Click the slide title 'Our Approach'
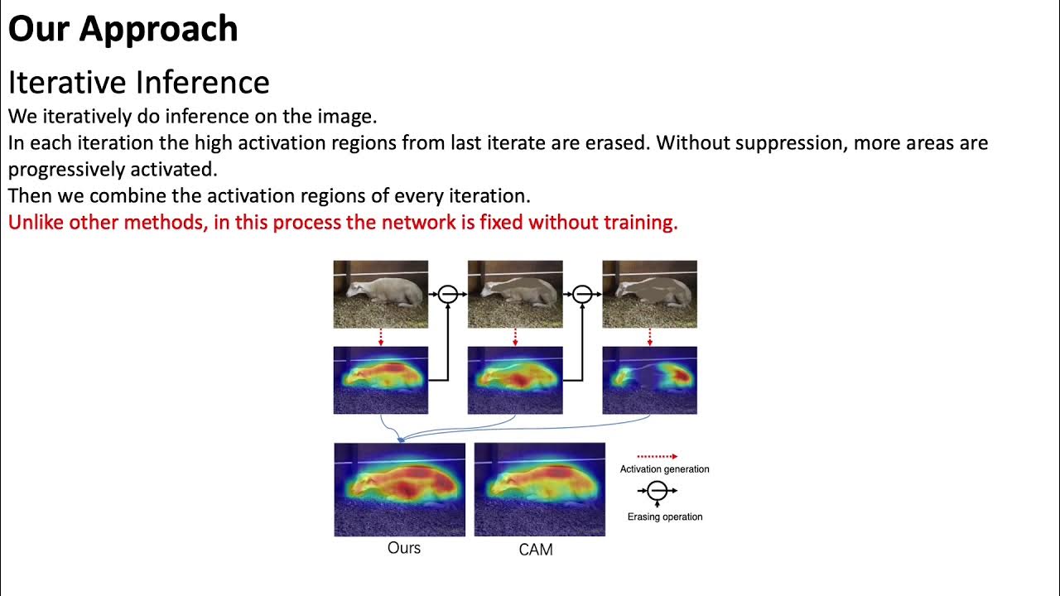(123, 29)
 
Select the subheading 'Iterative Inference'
(138, 83)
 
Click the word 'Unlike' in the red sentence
(36, 223)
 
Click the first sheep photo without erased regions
(380, 294)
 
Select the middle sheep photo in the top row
(515, 294)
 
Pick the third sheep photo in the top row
(649, 294)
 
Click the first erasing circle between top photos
(448, 294)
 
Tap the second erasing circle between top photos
(582, 294)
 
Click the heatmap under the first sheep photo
(380, 380)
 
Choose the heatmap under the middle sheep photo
(515, 380)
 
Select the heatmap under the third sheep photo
(649, 380)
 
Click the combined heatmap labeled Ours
(399, 489)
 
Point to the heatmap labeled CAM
(539, 489)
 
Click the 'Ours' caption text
(404, 548)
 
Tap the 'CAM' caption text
(535, 550)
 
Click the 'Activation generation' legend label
(664, 469)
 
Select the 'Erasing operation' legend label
(664, 517)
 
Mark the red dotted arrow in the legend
(657, 456)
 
